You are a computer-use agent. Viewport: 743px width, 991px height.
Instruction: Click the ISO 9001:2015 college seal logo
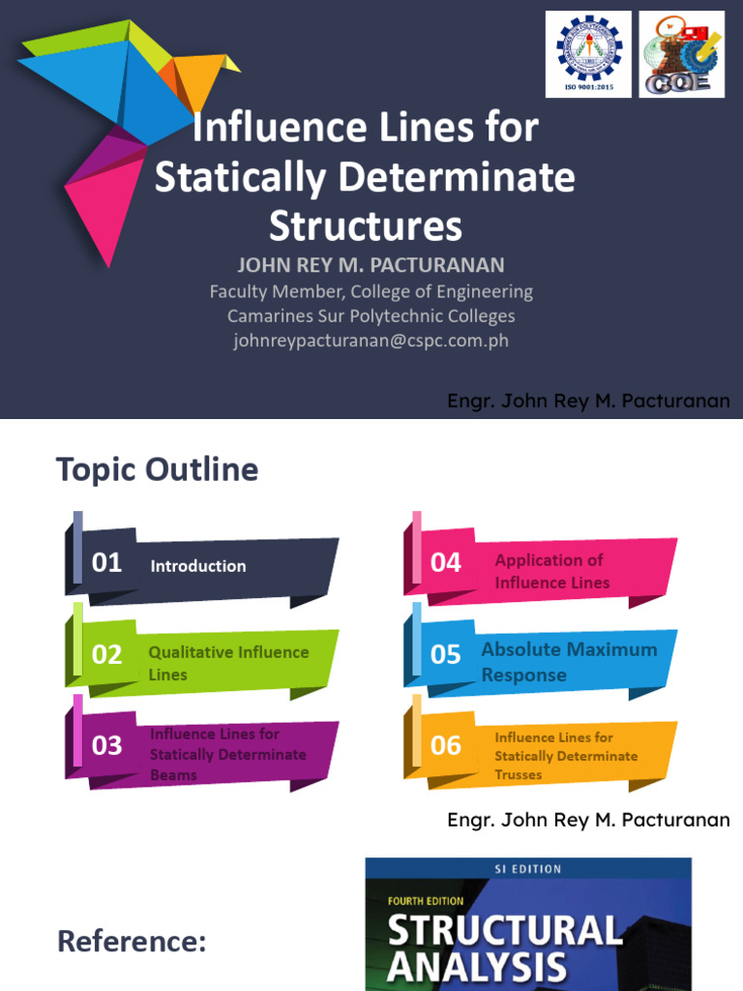[588, 53]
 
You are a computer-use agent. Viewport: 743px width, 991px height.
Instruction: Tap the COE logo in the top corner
[681, 53]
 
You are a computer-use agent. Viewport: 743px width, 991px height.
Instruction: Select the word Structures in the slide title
[366, 226]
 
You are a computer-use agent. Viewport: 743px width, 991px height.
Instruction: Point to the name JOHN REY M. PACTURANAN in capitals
[371, 265]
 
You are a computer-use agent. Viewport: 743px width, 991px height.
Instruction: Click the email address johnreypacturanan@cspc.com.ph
[371, 341]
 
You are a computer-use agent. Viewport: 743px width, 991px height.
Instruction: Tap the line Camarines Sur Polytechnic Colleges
[371, 315]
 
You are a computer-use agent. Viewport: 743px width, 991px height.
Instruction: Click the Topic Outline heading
[158, 470]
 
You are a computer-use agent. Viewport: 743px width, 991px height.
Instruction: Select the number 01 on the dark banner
[106, 563]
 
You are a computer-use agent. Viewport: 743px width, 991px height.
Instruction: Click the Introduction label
[198, 566]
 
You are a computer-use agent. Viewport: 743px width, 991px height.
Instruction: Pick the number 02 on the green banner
[106, 655]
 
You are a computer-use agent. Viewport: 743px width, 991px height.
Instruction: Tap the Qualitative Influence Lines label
[228, 663]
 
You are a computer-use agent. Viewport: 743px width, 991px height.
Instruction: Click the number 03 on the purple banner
[106, 745]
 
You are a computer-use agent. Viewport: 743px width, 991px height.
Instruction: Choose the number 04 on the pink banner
[446, 563]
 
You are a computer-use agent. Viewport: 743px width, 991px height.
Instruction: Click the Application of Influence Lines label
[551, 571]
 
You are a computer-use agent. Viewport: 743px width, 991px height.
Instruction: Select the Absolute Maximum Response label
[569, 662]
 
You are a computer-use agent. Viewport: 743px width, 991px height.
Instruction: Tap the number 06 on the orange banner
[446, 745]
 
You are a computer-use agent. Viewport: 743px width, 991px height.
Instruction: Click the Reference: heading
[132, 941]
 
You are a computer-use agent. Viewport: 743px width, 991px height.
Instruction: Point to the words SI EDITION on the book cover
[528, 869]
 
